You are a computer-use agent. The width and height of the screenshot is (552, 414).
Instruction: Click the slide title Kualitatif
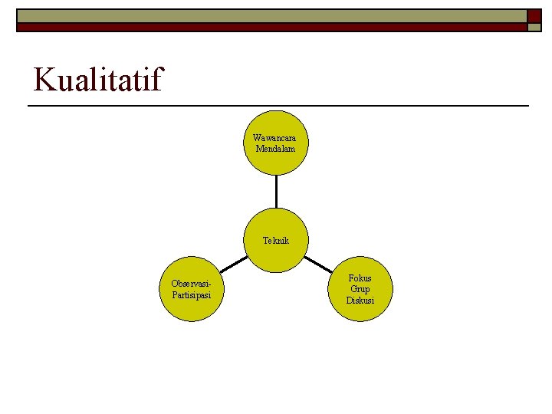point(98,79)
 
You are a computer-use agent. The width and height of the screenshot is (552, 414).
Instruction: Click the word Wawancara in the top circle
point(275,138)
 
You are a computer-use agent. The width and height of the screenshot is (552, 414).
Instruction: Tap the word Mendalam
point(275,148)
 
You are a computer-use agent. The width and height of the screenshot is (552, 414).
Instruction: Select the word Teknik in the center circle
point(276,240)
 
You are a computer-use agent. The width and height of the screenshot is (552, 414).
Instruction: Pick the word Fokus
point(360,278)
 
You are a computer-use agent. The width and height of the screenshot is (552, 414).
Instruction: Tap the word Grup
point(360,289)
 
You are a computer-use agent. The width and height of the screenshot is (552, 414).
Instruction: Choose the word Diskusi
point(360,300)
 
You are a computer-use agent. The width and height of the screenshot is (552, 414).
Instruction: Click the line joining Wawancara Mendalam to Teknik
point(276,192)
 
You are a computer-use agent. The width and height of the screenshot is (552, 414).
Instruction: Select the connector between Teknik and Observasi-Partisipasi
point(235,263)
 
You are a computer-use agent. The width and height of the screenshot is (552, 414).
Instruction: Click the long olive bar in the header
point(268,15)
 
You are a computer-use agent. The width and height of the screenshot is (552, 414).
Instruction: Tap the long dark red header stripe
point(268,27)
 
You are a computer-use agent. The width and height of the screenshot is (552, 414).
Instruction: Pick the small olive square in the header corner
point(534,27)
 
